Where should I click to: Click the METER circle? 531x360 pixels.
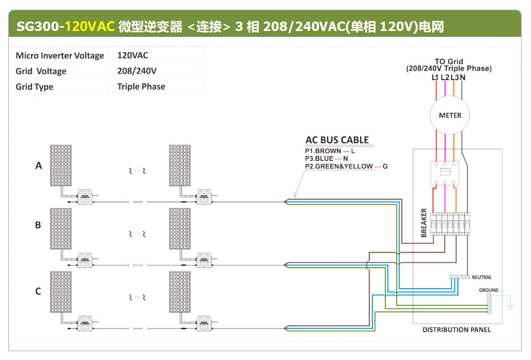[x=450, y=116]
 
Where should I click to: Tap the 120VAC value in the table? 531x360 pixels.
[x=133, y=55]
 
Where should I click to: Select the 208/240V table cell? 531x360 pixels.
[x=137, y=71]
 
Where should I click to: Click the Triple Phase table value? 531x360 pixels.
[x=141, y=86]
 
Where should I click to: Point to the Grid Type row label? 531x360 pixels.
[x=34, y=87]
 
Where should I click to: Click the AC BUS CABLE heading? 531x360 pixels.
[x=337, y=140]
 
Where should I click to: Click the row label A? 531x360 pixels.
[x=39, y=165]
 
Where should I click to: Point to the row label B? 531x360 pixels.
[x=38, y=225]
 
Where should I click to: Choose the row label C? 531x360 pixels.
[x=38, y=291]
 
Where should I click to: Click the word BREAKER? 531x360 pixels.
[x=424, y=223]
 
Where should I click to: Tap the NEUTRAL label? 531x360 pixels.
[x=481, y=277]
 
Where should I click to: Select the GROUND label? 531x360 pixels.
[x=488, y=290]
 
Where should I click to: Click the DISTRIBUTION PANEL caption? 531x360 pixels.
[x=456, y=330]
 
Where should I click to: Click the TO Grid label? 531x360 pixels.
[x=449, y=61]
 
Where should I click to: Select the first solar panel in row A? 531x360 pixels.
[x=61, y=165]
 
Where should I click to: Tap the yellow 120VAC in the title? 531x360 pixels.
[x=90, y=26]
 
